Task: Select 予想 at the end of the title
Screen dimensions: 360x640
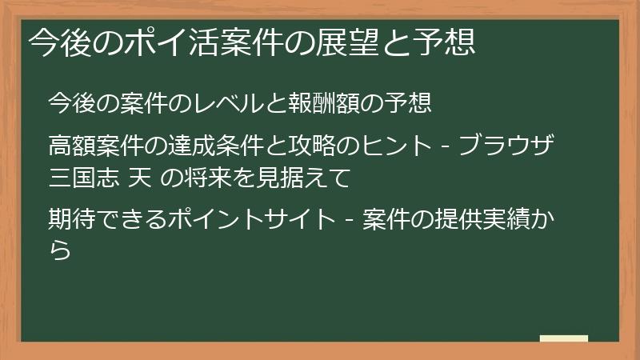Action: (450, 42)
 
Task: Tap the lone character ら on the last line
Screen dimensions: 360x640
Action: (59, 249)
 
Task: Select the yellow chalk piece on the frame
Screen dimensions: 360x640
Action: (564, 338)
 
